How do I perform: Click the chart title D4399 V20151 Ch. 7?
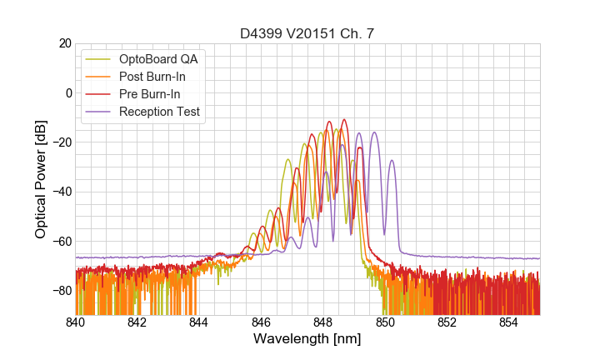coord(307,34)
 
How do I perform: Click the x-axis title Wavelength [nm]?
coord(307,340)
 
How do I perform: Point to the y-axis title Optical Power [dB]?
coord(41,179)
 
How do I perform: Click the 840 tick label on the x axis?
coord(76,322)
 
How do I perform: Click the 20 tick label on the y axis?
coord(63,43)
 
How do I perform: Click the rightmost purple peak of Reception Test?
coord(392,161)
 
